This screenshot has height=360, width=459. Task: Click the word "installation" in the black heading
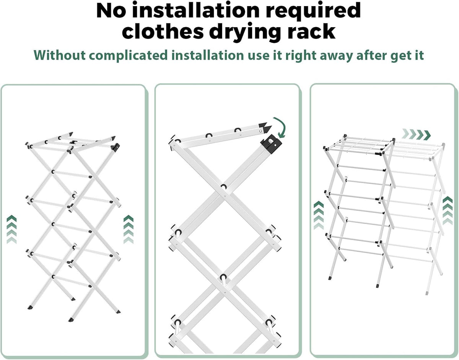coord(195,10)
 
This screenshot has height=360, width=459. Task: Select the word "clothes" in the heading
coord(163,31)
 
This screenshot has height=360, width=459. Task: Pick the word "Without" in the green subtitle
coord(60,55)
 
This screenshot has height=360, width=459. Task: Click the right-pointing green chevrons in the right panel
coord(416,135)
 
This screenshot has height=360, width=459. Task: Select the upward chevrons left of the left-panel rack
coord(11,229)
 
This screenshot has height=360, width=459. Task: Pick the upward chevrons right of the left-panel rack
coord(129,229)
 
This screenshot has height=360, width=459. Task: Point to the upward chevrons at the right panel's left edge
coord(319,215)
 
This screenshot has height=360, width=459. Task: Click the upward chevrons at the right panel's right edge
coord(448,211)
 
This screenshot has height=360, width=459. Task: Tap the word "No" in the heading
coord(111,11)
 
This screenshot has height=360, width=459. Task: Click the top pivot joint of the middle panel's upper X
coord(223,187)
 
